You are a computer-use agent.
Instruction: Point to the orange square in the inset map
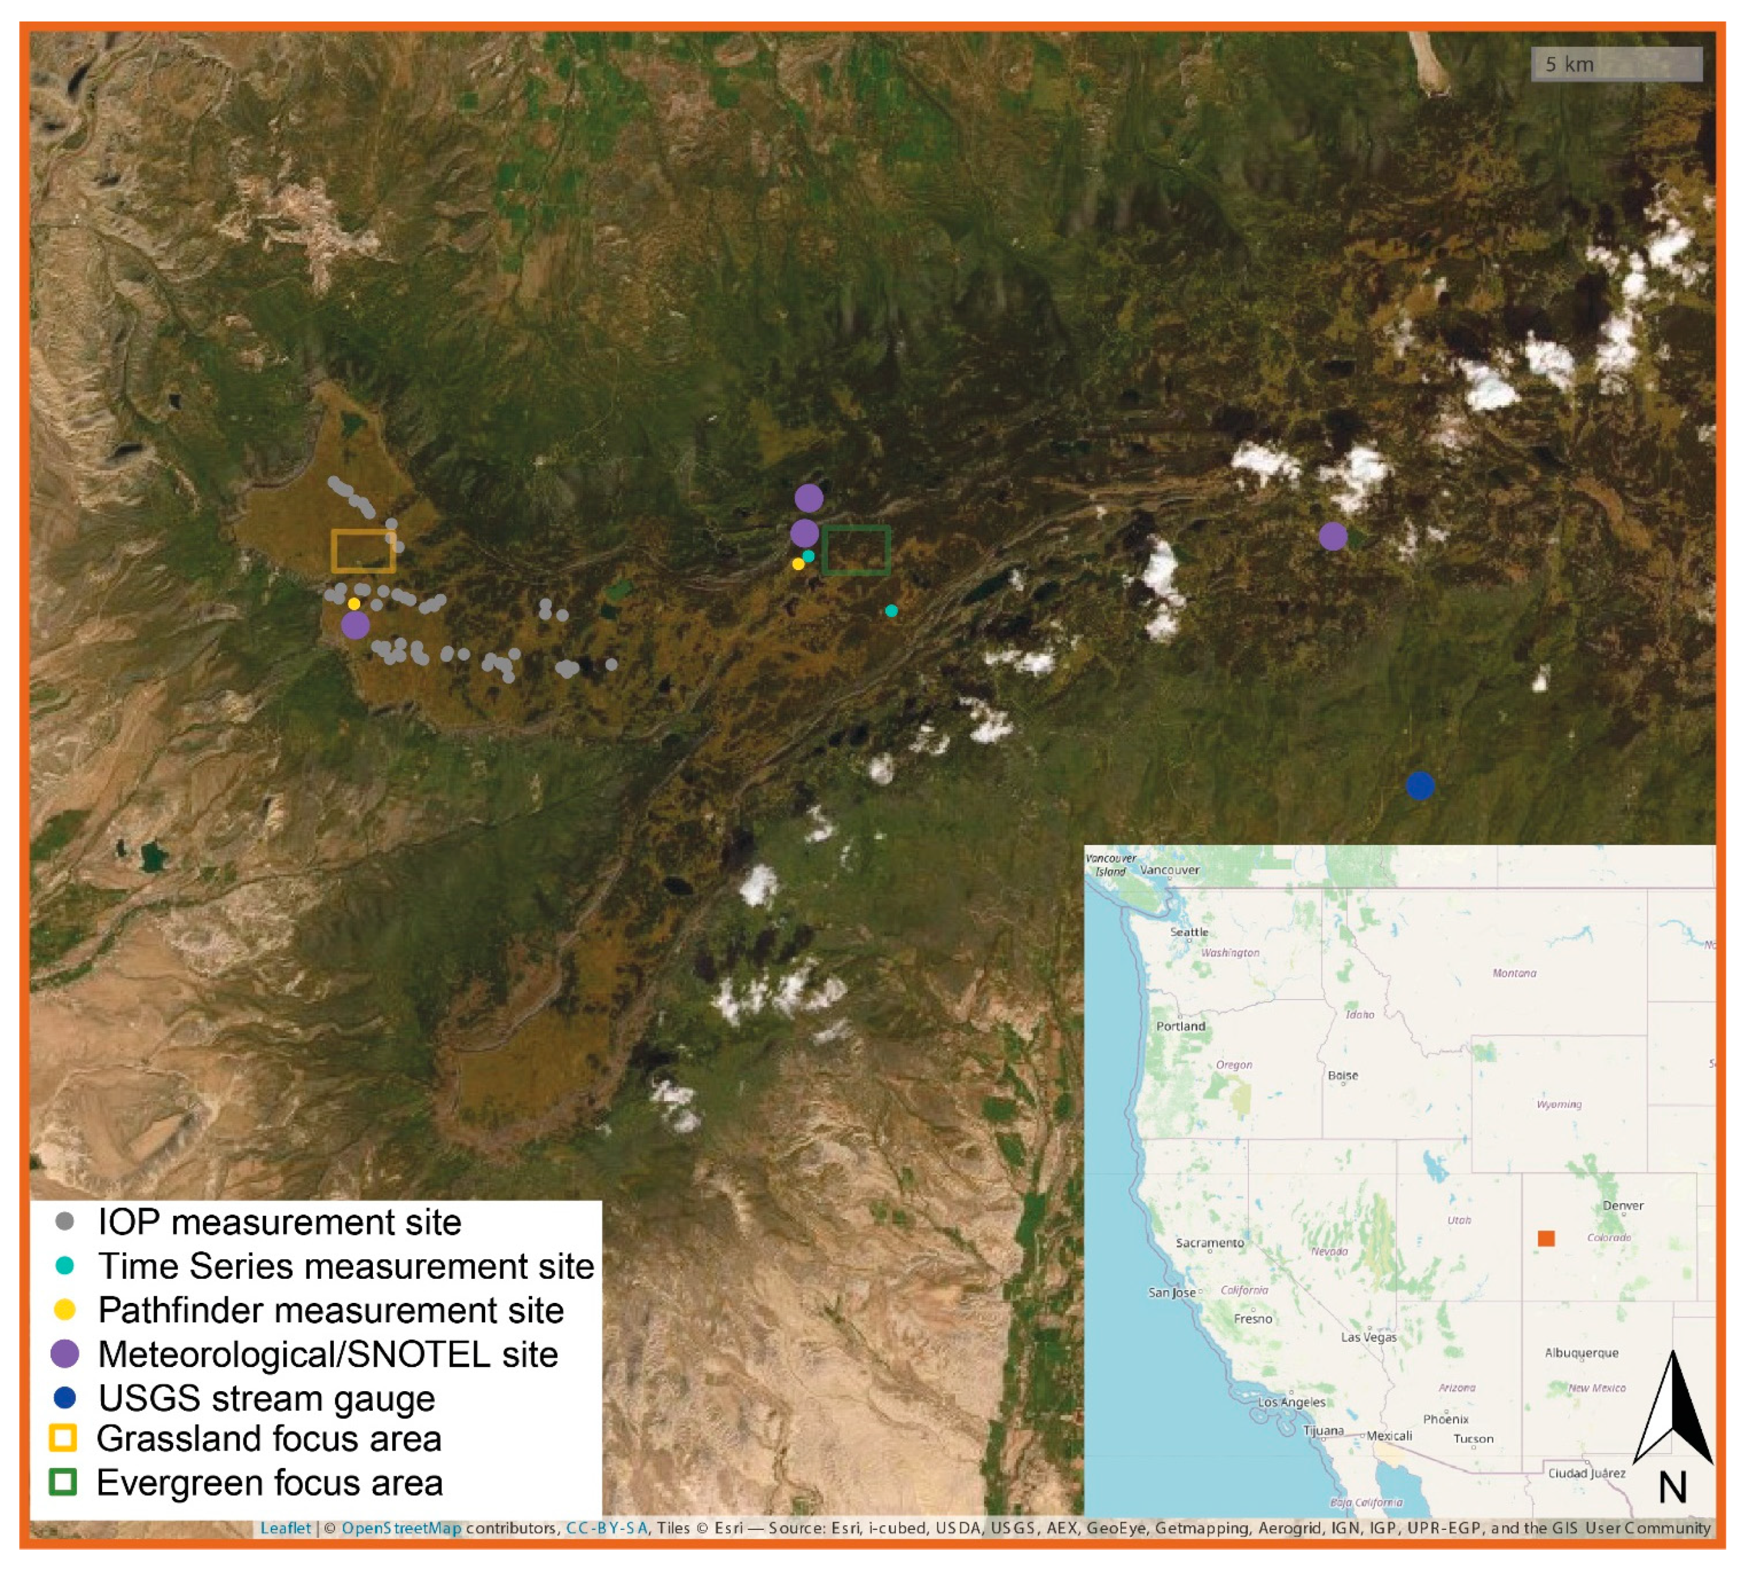1546,1238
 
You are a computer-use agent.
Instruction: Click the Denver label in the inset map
1623,1205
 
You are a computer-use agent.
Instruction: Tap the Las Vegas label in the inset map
1368,1337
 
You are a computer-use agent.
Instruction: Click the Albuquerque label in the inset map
1581,1353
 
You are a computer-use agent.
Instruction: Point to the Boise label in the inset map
1342,1075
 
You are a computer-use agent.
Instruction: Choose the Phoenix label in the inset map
1445,1419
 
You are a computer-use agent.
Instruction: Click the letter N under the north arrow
1672,1487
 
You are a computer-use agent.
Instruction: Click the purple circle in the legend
65,1353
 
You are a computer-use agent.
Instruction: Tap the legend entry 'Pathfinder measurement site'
330,1310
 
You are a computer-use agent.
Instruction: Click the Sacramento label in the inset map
1209,1242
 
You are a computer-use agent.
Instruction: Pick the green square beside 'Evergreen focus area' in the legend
64,1482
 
